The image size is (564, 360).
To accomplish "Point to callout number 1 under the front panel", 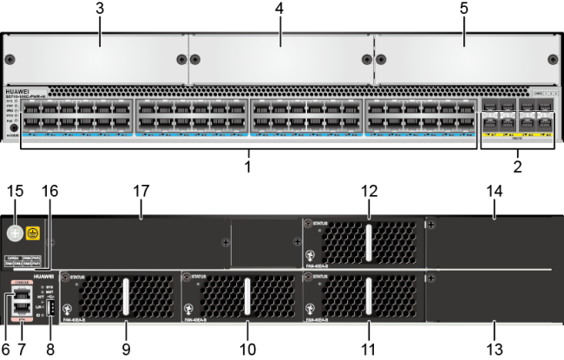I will [x=247, y=164].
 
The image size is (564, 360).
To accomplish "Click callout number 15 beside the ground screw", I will [x=13, y=190].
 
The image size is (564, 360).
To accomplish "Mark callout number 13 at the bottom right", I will [x=495, y=350].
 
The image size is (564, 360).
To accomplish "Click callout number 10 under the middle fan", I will [x=247, y=350].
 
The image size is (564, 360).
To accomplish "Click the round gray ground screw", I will [x=14, y=233].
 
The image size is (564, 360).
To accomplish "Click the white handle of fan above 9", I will [x=125, y=298].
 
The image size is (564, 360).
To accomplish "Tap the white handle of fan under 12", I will [x=368, y=239].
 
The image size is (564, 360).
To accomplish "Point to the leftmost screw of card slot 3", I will [x=10, y=60].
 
